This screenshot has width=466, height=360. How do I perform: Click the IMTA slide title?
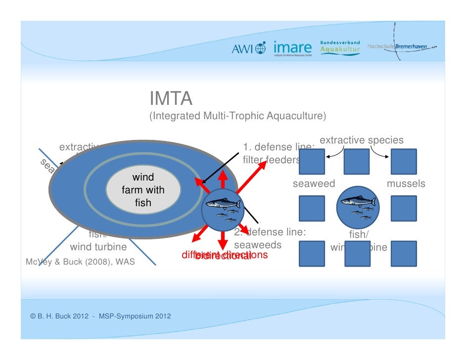tap(171, 99)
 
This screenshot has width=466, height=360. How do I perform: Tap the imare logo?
tap(292, 48)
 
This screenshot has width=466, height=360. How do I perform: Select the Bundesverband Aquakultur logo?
tap(341, 47)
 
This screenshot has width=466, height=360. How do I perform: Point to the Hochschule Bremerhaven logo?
tap(402, 46)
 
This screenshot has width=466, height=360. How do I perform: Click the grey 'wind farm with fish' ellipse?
tap(143, 190)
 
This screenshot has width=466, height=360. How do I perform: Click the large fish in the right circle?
tap(358, 202)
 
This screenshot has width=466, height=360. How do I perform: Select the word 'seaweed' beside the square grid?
tap(314, 184)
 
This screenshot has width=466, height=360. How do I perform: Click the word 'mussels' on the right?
tap(406, 184)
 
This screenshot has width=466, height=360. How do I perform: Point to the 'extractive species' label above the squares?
tap(362, 140)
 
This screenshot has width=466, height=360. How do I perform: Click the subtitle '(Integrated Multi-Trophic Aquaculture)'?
tap(238, 116)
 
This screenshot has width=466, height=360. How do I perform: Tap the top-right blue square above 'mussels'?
tap(404, 162)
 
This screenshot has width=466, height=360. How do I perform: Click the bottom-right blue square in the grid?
tap(404, 254)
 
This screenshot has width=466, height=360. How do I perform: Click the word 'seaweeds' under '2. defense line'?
tap(258, 245)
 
